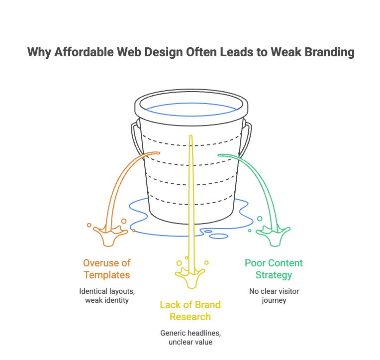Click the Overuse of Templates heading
tap(107, 269)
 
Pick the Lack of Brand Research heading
tap(190, 310)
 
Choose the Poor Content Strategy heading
tap(274, 269)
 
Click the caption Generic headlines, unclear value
tap(190, 337)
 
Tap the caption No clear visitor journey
tap(274, 295)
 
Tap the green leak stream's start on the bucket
tap(220, 155)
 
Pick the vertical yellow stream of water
tap(190, 199)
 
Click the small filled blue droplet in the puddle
tap(208, 232)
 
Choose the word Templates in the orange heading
tap(107, 275)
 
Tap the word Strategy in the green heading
tap(274, 275)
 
